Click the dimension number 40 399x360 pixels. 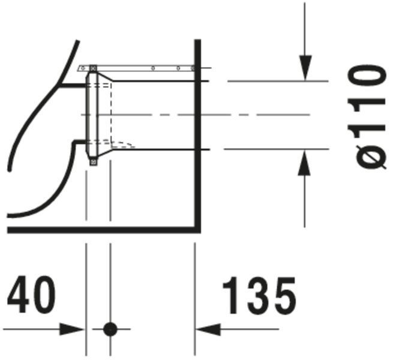pyautogui.click(x=31, y=295)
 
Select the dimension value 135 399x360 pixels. pyautogui.click(x=260, y=295)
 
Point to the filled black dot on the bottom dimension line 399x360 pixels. pyautogui.click(x=110, y=329)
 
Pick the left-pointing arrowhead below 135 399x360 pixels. pyautogui.click(x=208, y=329)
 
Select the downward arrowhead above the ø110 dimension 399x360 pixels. pyautogui.click(x=305, y=68)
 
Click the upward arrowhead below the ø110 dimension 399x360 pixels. pyautogui.click(x=304, y=163)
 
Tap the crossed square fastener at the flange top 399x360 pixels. pyautogui.click(x=94, y=68)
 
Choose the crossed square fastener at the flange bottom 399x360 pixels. pyautogui.click(x=94, y=162)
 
